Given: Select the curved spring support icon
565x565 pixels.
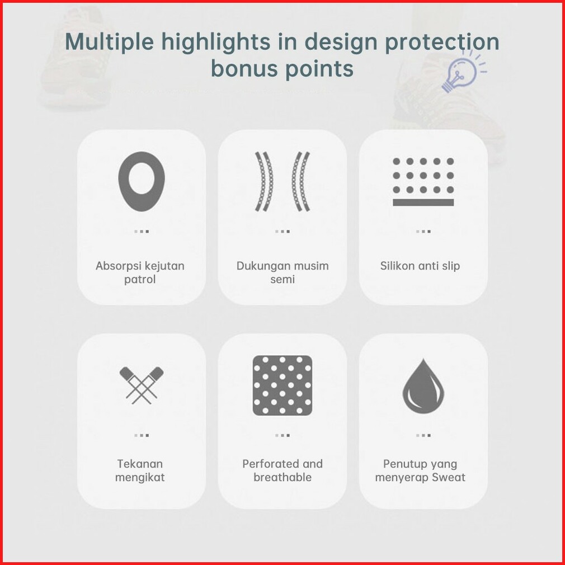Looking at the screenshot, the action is point(282,181).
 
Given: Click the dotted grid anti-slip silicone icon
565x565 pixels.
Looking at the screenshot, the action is point(423,182).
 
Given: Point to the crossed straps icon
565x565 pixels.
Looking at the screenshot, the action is point(141,385).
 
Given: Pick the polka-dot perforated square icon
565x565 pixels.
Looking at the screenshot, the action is point(282,385).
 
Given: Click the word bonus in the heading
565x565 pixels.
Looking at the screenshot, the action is point(244,68).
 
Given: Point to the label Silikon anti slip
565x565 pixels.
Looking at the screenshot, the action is point(420,266).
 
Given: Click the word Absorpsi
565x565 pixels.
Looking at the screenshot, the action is point(117,266).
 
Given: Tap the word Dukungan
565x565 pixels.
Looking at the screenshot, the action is point(260,266).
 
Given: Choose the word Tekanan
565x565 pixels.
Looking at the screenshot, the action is point(140,464).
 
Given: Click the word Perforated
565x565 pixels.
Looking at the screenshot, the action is point(271,464).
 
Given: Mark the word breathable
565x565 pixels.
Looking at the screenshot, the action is point(282,477).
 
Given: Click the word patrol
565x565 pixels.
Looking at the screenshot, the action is point(140,280).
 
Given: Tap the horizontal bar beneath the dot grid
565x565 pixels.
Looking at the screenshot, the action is point(423,203).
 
